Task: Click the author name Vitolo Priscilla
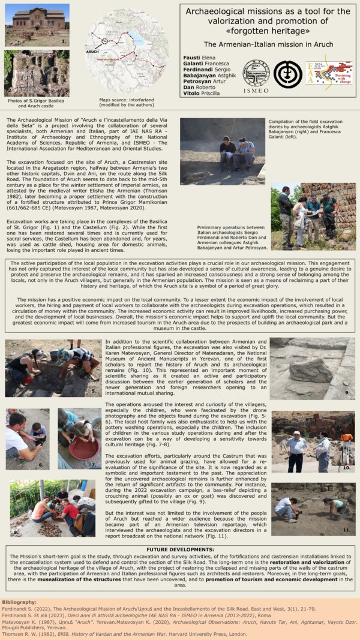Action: tap(202, 93)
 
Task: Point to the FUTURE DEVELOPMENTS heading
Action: tap(180, 549)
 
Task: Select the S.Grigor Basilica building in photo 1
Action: tap(36, 20)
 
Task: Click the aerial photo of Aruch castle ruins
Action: tap(36, 73)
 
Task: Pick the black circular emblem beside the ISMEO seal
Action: tap(287, 73)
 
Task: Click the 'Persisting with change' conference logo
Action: tap(327, 74)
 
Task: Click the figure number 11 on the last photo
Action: tap(346, 530)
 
